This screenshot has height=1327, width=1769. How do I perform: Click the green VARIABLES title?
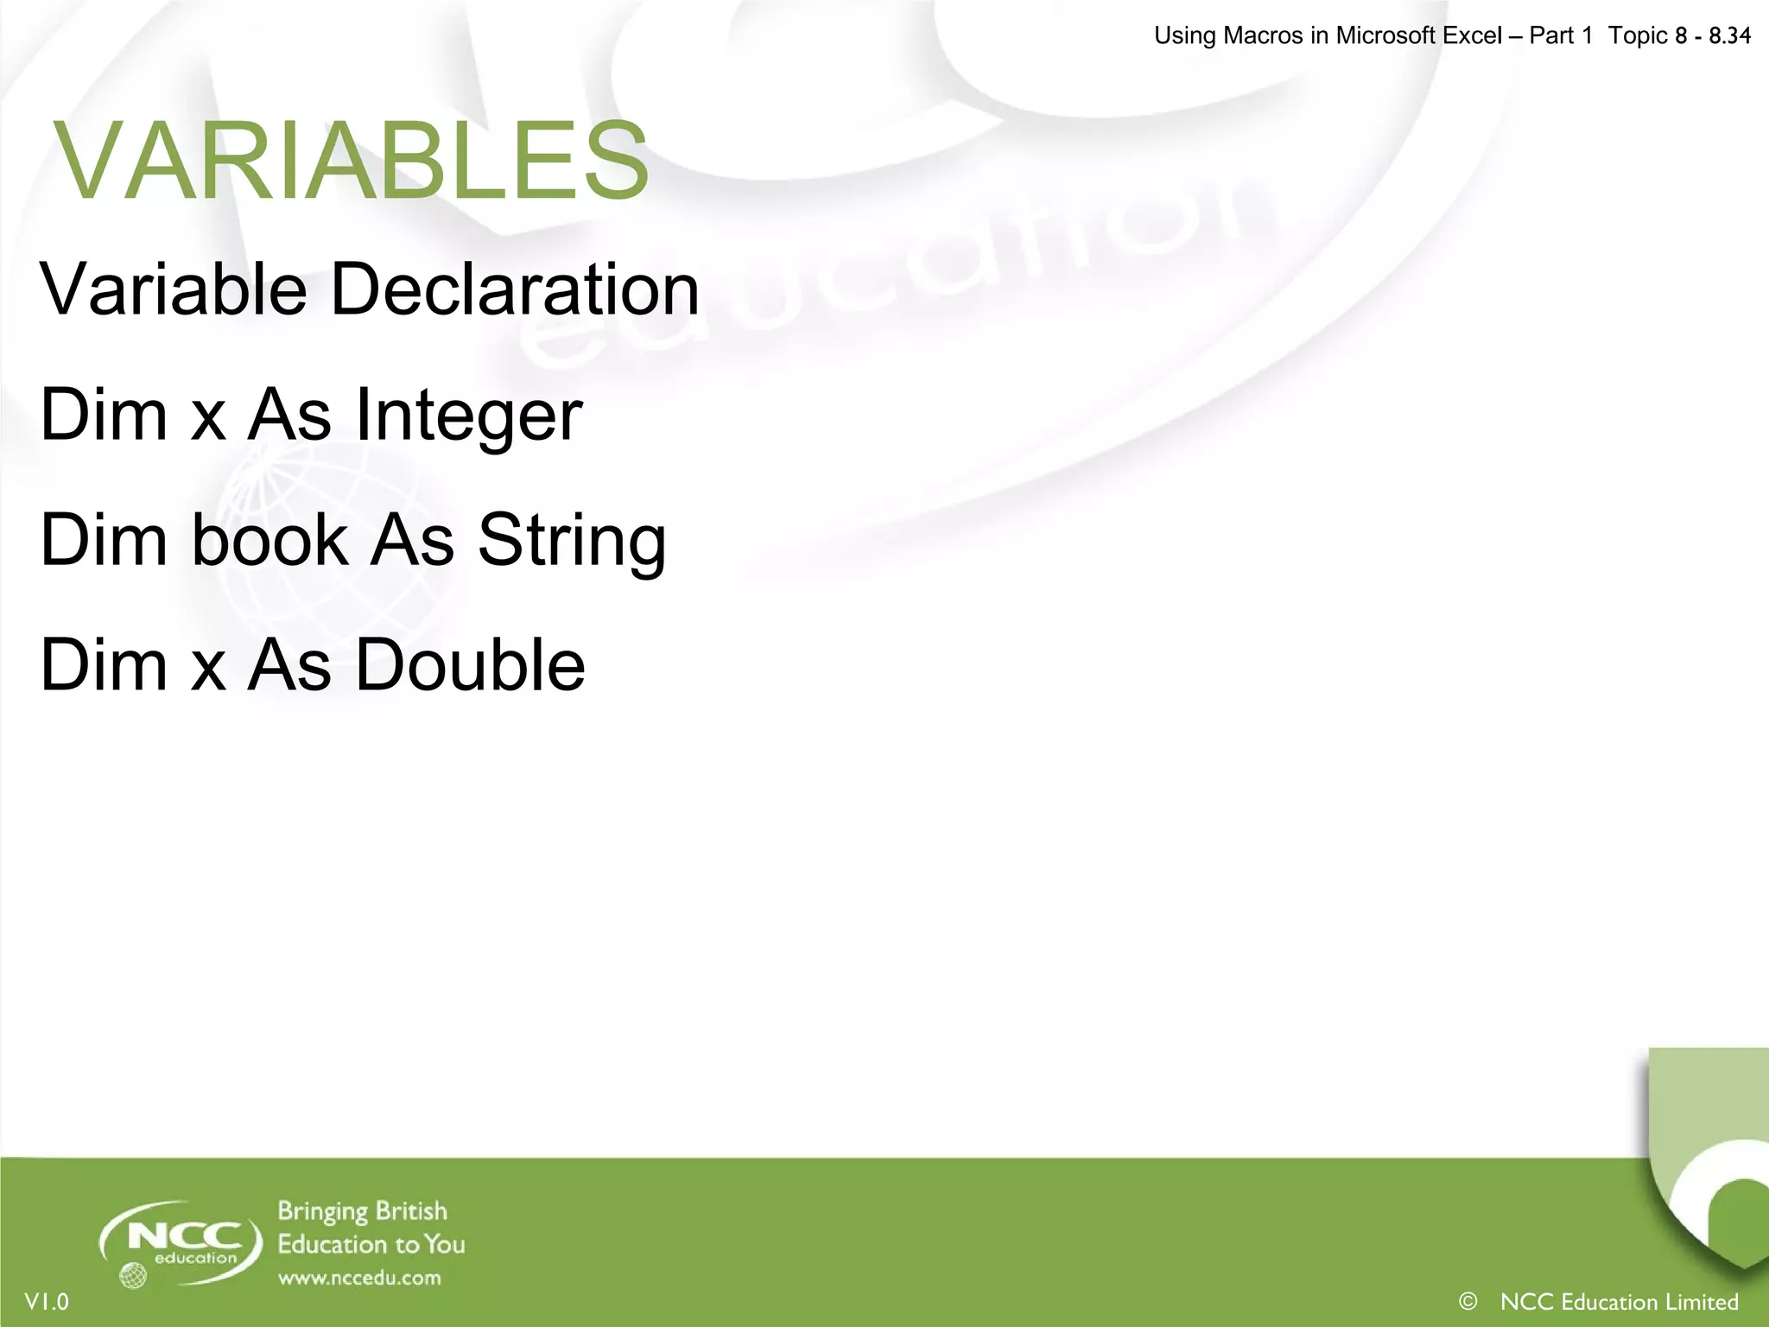pyautogui.click(x=351, y=162)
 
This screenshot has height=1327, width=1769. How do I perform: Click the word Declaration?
pyautogui.click(x=515, y=289)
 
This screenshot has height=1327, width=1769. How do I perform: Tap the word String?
pyautogui.click(x=572, y=541)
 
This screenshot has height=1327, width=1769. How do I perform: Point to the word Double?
pyautogui.click(x=470, y=665)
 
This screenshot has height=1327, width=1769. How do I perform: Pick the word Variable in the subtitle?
pyautogui.click(x=174, y=289)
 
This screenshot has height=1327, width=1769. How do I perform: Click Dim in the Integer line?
pyautogui.click(x=104, y=416)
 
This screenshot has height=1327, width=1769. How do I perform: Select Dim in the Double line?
pyautogui.click(x=104, y=665)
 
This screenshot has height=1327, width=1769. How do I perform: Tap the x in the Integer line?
pyautogui.click(x=208, y=418)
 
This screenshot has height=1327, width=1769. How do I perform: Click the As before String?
pyautogui.click(x=412, y=541)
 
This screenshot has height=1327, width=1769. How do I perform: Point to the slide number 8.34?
pyautogui.click(x=1729, y=35)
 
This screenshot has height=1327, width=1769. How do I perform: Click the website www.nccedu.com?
pyautogui.click(x=359, y=1278)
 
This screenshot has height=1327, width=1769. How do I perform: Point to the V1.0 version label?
pyautogui.click(x=47, y=1302)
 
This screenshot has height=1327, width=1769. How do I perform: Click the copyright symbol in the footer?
pyautogui.click(x=1468, y=1301)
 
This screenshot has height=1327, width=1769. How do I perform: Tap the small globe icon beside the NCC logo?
pyautogui.click(x=133, y=1275)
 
